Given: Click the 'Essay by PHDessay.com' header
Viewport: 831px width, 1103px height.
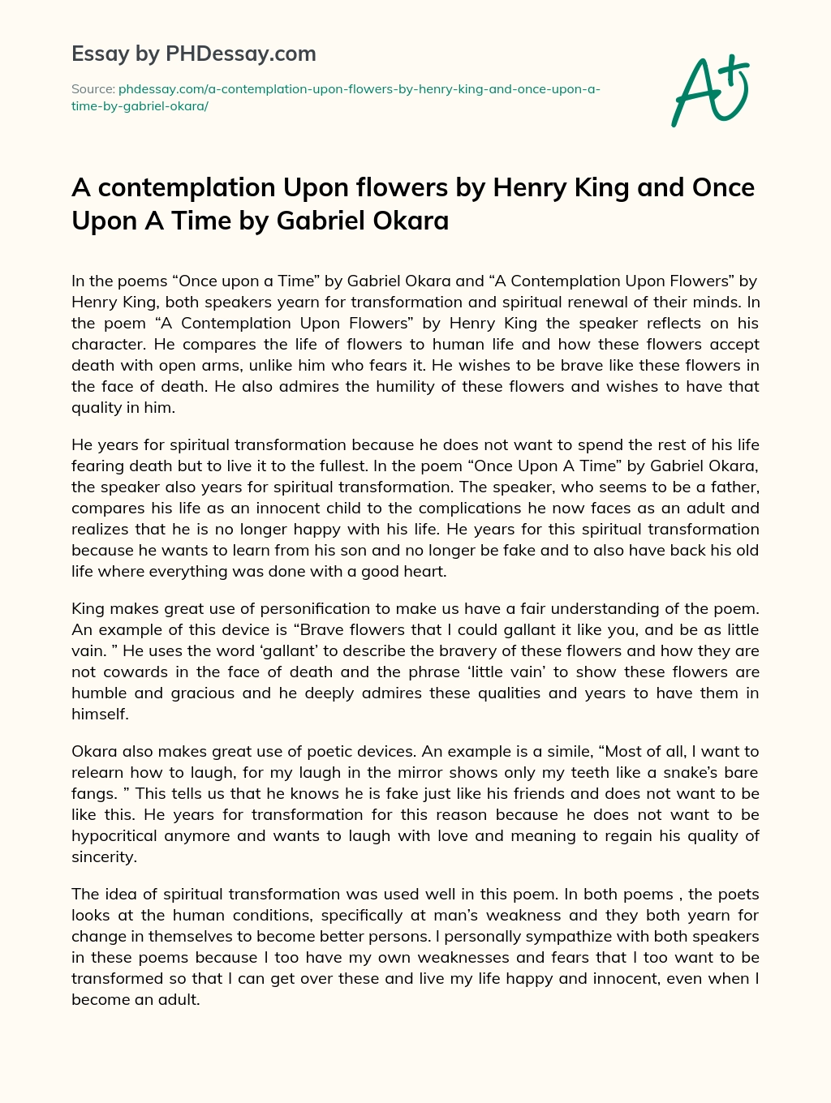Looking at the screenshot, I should pos(193,54).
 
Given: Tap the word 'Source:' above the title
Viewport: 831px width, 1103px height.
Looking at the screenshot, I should pos(93,89).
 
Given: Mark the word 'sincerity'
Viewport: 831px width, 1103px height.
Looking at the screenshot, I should pos(102,857).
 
